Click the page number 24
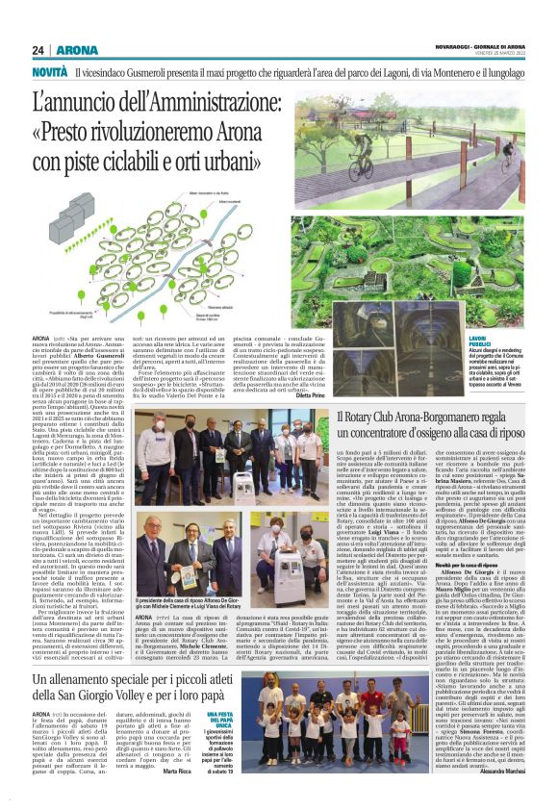[38, 50]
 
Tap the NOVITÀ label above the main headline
[49, 72]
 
